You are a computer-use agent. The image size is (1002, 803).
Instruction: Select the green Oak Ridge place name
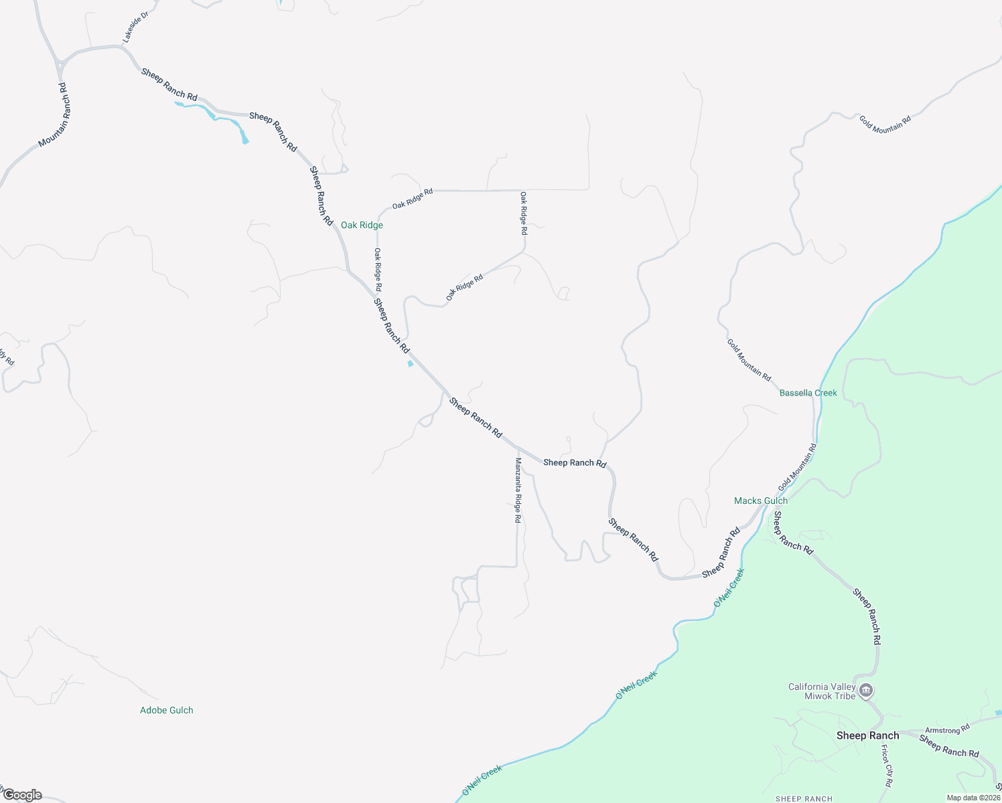[x=362, y=225]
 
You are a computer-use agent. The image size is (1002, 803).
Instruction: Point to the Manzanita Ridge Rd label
[x=518, y=490]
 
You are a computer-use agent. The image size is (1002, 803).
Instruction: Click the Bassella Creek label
[x=808, y=393]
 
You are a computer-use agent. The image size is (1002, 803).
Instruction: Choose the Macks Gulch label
[x=761, y=501]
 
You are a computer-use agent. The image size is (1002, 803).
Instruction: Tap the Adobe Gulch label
[x=166, y=710]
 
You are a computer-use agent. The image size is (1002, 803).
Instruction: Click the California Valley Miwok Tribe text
[x=822, y=691]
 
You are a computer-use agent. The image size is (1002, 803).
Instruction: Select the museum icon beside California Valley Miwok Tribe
[x=866, y=690]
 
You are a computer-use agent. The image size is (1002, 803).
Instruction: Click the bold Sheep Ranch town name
[x=867, y=735]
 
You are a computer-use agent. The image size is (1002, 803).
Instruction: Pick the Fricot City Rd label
[x=887, y=766]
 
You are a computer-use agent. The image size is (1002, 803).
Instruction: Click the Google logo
[x=22, y=795]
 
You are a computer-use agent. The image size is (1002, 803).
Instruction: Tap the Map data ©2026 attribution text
[x=973, y=798]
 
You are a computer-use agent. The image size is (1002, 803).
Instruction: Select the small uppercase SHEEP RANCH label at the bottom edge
[x=804, y=799]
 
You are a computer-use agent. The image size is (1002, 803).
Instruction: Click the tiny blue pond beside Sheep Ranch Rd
[x=410, y=364]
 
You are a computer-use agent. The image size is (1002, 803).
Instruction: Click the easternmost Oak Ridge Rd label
[x=524, y=213]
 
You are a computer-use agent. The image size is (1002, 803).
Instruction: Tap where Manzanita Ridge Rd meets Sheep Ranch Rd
[x=517, y=447]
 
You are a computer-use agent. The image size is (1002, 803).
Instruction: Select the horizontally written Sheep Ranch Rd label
[x=575, y=462]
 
